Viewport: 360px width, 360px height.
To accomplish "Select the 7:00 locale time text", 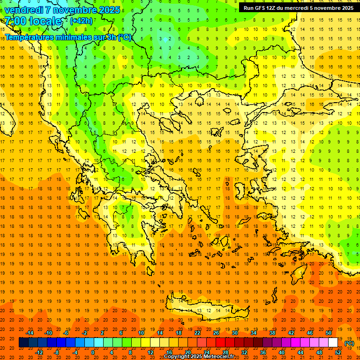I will [x=33, y=21].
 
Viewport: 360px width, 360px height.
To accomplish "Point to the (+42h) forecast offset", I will [x=81, y=21].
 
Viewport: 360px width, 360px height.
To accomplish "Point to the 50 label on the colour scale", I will [x=329, y=333].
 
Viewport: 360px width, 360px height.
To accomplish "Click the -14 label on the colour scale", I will [x=30, y=333].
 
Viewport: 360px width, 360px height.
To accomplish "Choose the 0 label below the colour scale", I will [x=92, y=352].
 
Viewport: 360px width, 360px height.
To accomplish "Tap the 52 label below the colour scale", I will [x=338, y=352].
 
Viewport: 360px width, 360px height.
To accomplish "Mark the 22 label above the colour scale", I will [x=197, y=333].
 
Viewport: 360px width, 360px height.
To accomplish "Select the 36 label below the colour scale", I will [x=262, y=352].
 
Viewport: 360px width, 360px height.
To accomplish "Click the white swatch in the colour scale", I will [x=333, y=343].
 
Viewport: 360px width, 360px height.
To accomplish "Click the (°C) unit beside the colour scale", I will [x=349, y=343].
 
